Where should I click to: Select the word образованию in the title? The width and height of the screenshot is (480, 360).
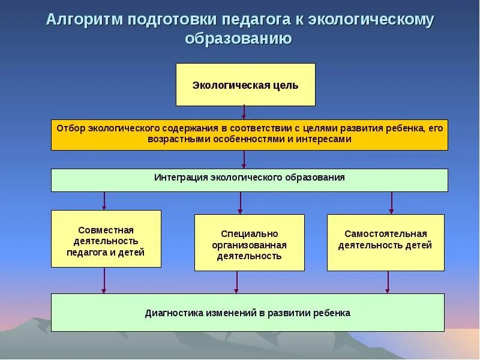point(239,40)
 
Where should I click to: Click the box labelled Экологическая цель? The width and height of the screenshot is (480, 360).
point(245,85)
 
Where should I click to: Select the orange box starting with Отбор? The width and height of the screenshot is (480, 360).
point(249,134)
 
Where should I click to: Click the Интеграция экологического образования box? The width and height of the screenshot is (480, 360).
point(249,180)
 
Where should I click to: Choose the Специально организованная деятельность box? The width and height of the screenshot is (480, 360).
point(249,242)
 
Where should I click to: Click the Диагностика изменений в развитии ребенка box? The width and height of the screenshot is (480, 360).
point(247,313)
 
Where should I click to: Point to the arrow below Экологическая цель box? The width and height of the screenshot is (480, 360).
point(244,112)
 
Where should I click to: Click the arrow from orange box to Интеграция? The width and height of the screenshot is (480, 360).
point(244,159)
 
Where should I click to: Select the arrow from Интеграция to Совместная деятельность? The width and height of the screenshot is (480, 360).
point(104,200)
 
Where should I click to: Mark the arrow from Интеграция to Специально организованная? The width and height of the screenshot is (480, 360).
point(240,203)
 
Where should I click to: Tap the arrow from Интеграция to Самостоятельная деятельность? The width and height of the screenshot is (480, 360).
point(391,203)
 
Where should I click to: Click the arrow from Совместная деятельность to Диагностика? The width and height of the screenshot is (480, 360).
point(104,280)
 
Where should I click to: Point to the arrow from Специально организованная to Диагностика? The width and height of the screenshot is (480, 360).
point(237,282)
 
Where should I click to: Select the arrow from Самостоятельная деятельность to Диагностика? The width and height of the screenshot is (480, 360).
point(388,282)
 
